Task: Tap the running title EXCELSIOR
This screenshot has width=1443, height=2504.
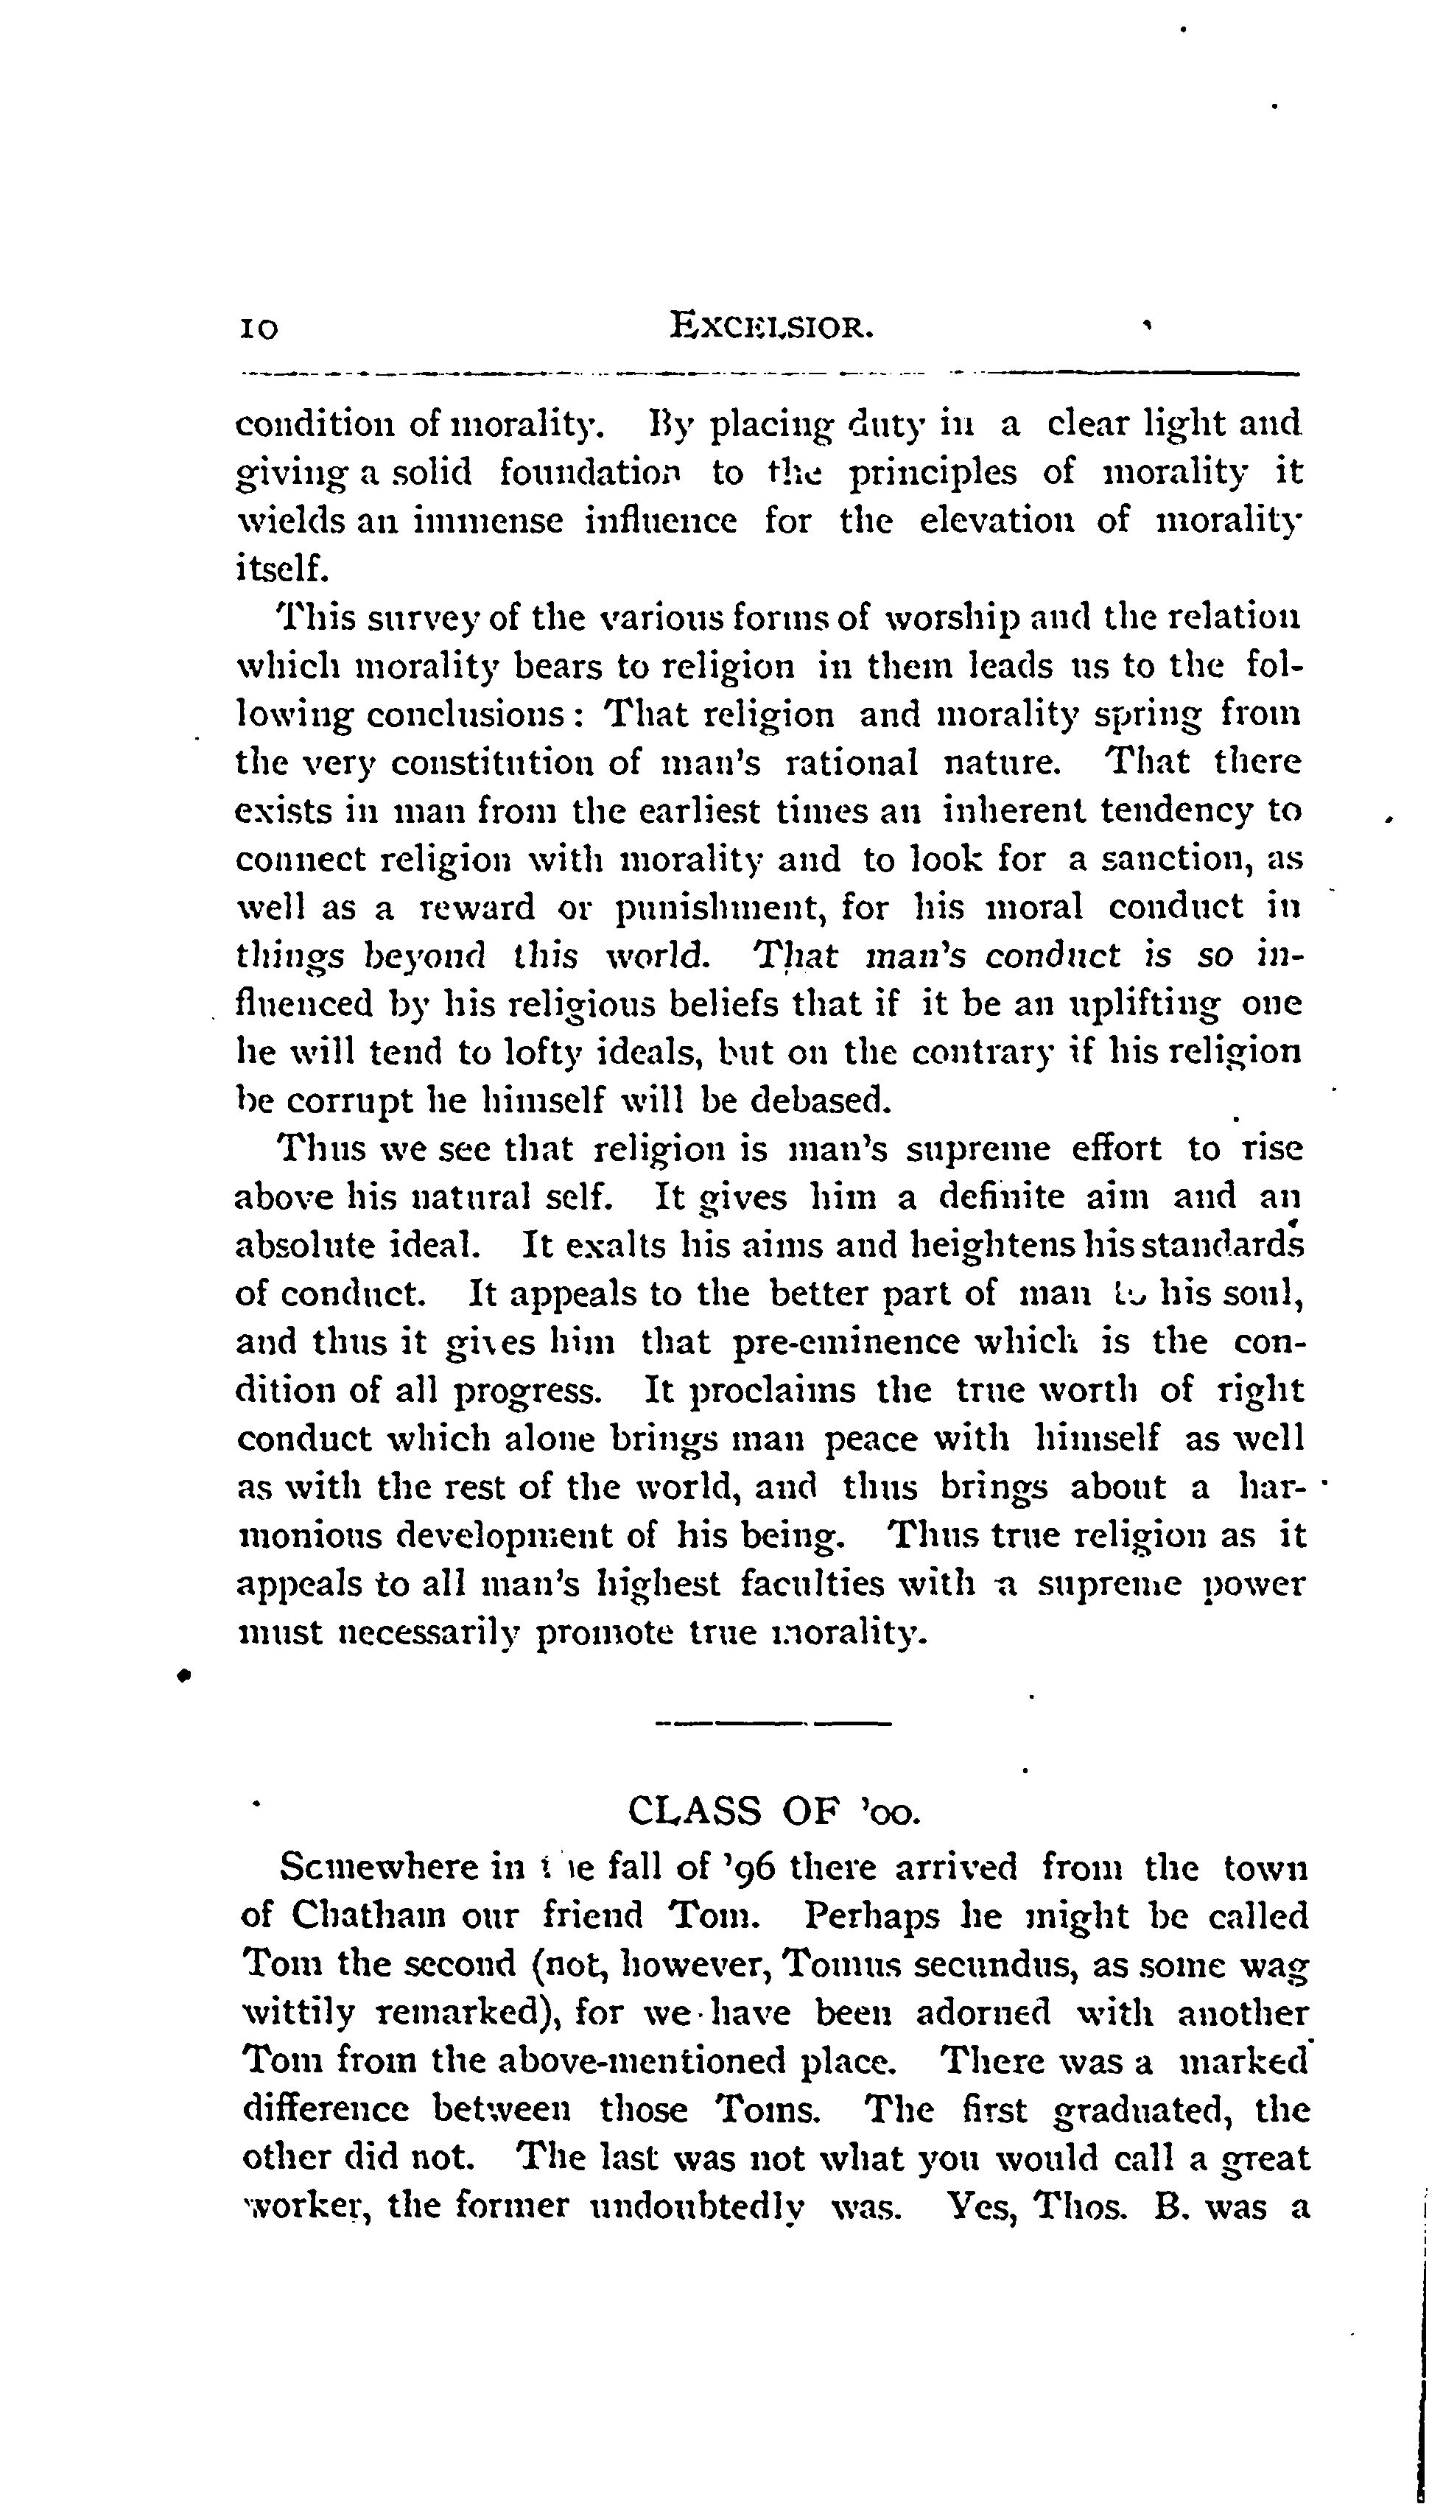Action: (772, 325)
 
